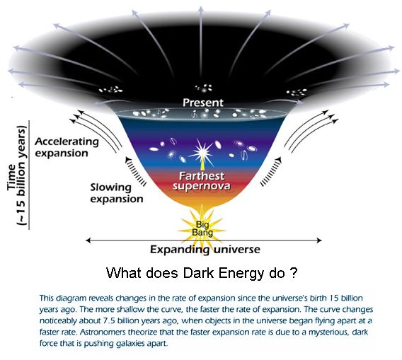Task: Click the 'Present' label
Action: click(x=203, y=103)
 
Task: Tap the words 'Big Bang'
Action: click(x=202, y=229)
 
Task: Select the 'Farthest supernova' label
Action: click(x=202, y=181)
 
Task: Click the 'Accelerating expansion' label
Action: click(x=67, y=147)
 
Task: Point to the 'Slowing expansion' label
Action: click(x=117, y=194)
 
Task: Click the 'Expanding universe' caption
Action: click(x=205, y=249)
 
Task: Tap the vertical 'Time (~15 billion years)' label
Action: click(x=18, y=175)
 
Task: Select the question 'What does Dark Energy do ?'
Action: click(x=202, y=273)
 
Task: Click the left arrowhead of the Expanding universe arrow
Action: click(x=88, y=240)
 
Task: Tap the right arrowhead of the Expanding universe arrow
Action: click(x=319, y=240)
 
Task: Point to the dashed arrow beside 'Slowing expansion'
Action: click(x=135, y=171)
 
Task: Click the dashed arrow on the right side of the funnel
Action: click(x=271, y=171)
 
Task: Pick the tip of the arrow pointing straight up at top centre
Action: click(x=201, y=7)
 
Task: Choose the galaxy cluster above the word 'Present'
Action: click(x=204, y=88)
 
